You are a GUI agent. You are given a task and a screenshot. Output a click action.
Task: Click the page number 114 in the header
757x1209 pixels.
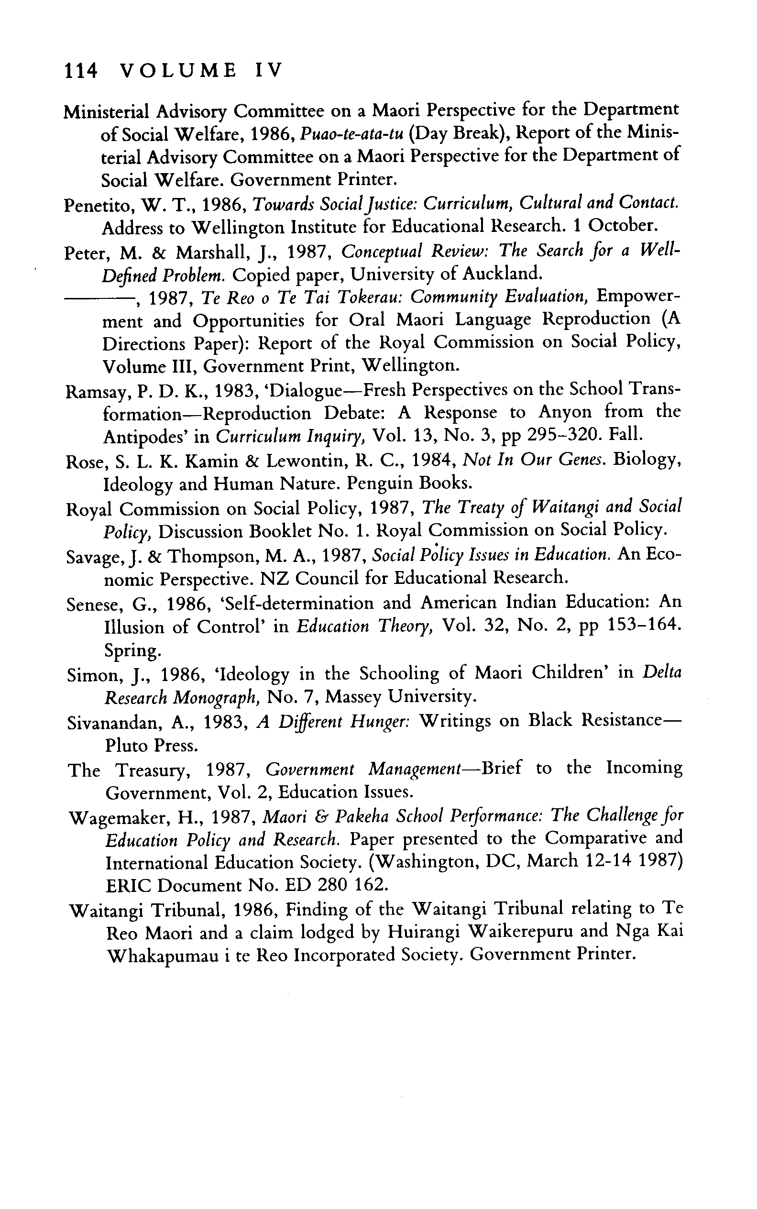[80, 71]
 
